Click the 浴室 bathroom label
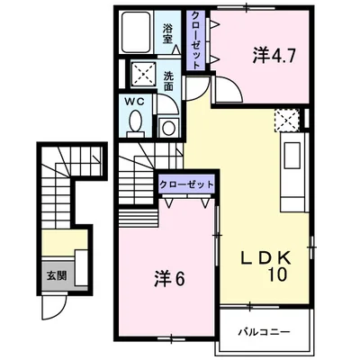[x=168, y=34]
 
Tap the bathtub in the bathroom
[x=136, y=32]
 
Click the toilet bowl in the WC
[x=136, y=121]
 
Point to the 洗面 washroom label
[x=168, y=82]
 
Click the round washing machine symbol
[x=168, y=128]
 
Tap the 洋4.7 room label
[x=274, y=56]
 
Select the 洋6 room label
[x=169, y=279]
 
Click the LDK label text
[x=266, y=257]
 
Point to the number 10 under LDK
[x=278, y=274]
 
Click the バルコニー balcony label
[x=265, y=332]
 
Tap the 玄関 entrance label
[x=56, y=275]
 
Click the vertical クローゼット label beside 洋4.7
[x=195, y=40]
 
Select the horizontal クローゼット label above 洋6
[x=186, y=184]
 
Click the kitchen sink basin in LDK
[x=292, y=155]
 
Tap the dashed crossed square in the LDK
[x=287, y=120]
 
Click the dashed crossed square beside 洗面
[x=143, y=75]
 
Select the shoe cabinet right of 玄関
[x=81, y=267]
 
